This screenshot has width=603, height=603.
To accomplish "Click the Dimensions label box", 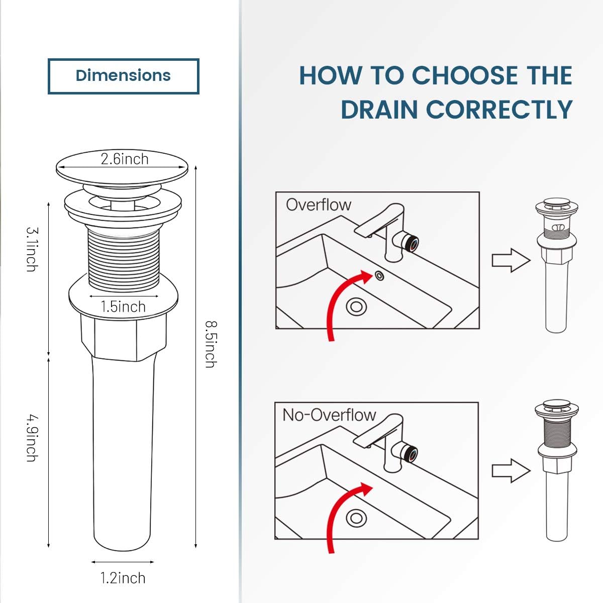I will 123,76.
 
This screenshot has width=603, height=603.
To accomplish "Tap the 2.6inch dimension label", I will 124,159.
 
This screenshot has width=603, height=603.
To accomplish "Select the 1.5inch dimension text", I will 123,307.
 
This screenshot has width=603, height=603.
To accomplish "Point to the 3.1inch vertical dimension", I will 32,249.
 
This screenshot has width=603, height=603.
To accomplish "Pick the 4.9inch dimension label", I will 32,437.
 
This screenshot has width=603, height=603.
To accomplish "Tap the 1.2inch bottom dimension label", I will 123,578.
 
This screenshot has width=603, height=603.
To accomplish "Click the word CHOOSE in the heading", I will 465,76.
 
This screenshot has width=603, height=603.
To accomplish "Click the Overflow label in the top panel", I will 318,205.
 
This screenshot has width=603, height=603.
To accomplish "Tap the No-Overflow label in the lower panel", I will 329,415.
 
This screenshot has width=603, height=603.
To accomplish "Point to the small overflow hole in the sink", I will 379,275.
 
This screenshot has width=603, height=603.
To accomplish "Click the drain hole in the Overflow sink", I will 356,306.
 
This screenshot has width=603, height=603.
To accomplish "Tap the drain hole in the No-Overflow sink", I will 356,518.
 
